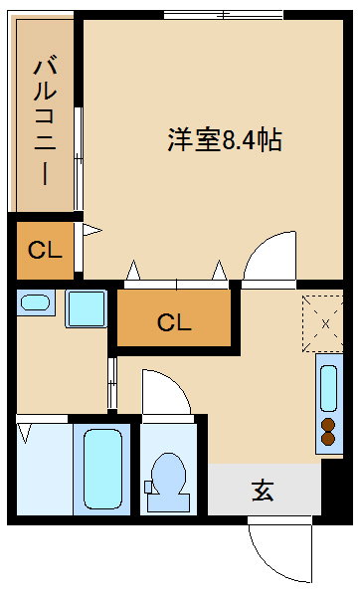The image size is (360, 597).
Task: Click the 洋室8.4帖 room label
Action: (225, 140)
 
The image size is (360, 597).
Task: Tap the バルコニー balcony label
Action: (46, 121)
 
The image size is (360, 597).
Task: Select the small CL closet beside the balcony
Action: (46, 250)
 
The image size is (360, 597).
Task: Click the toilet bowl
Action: (168, 482)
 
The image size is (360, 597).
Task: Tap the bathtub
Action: (102, 469)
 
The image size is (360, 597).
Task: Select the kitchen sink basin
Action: (328, 388)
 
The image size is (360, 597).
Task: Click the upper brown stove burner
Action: (328, 425)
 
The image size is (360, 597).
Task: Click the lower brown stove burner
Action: (328, 438)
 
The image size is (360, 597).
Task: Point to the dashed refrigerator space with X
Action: (322, 323)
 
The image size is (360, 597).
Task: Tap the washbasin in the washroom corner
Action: (36, 302)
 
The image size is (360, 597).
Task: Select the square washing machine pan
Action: (86, 308)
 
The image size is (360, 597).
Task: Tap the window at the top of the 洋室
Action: (224, 15)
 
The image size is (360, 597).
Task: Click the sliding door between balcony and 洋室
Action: (79, 159)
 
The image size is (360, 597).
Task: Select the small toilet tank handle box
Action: (148, 487)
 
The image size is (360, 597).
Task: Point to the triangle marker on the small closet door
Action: (92, 230)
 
